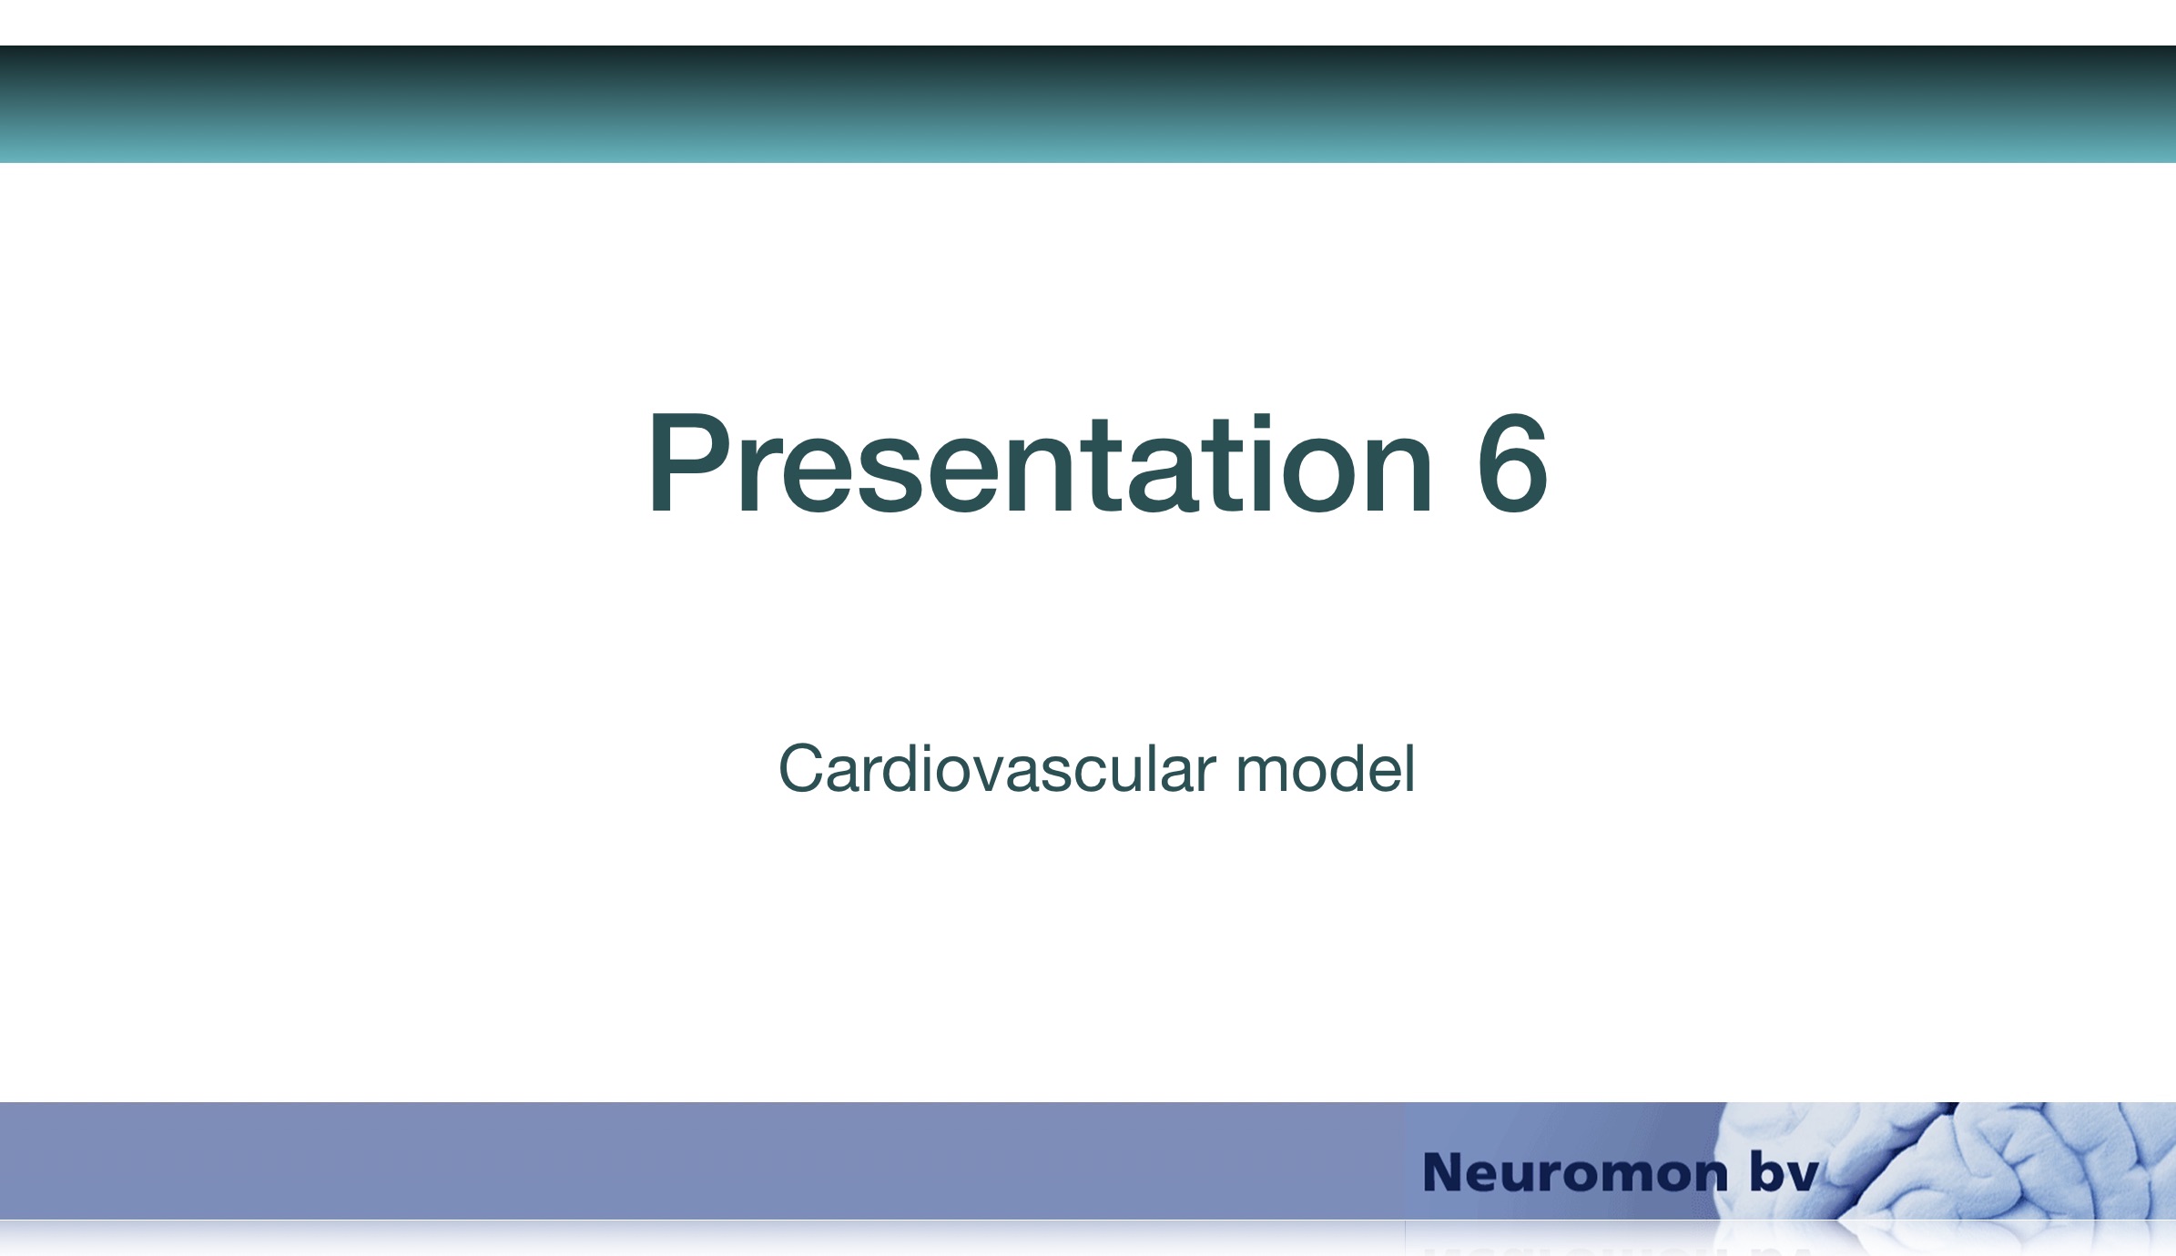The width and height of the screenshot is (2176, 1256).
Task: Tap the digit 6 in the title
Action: pos(1512,464)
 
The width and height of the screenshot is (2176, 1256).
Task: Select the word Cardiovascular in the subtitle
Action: pos(997,769)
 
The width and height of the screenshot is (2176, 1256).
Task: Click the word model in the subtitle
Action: pos(1325,769)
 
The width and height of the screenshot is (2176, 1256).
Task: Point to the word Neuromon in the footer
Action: pos(1575,1172)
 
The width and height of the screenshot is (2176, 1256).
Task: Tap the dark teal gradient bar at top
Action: pos(1088,104)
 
